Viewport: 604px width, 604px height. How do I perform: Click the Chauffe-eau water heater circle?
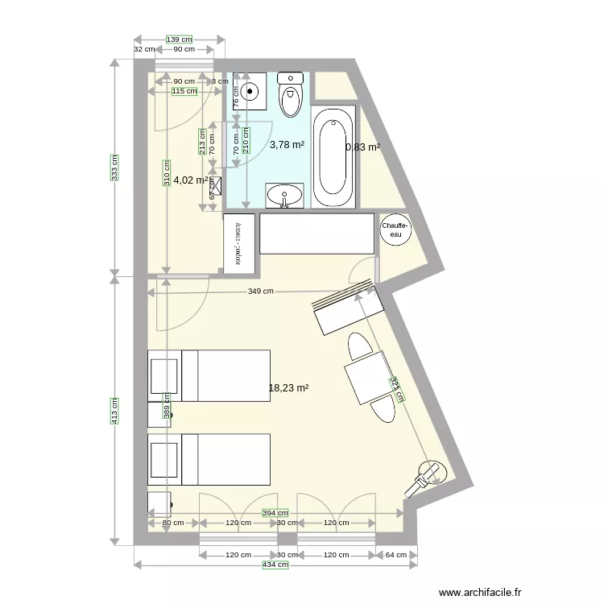tap(395, 230)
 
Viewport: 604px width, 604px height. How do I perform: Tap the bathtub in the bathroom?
tap(333, 158)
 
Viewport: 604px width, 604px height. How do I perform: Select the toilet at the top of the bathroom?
tap(289, 95)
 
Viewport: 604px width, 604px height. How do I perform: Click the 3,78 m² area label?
tap(287, 145)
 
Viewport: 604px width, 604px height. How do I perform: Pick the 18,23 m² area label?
tap(288, 387)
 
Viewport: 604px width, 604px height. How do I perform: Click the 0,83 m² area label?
tap(362, 147)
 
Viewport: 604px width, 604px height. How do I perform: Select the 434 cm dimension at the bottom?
tap(275, 565)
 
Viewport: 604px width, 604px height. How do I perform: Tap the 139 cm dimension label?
tap(179, 39)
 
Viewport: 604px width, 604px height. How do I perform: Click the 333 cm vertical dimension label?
tap(114, 168)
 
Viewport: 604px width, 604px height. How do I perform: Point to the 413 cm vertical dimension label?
tap(114, 410)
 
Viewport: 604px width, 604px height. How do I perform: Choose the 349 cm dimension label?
tap(261, 292)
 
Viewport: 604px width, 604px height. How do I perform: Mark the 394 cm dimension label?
tap(275, 513)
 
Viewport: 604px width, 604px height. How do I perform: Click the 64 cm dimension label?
tap(395, 555)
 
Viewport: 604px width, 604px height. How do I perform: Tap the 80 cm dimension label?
tap(172, 523)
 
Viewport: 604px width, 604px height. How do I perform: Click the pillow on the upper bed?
tap(165, 375)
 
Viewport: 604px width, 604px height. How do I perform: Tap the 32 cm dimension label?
tap(143, 49)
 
